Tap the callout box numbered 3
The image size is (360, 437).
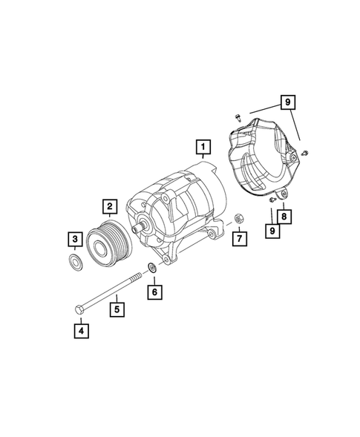[76, 239]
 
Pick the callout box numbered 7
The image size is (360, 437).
[238, 239]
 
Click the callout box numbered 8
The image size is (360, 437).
[283, 216]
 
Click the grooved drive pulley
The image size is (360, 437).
[107, 240]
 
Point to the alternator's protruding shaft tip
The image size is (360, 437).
[137, 229]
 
